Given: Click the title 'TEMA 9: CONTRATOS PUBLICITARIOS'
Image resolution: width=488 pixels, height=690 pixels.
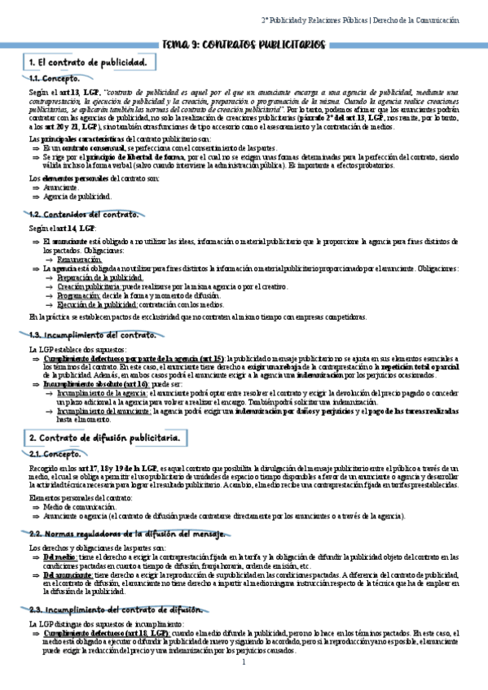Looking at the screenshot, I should coord(244,45).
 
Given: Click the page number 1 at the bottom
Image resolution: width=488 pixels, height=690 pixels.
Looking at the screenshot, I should coord(244,662).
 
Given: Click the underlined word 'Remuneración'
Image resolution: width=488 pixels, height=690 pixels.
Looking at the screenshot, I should coord(80,259).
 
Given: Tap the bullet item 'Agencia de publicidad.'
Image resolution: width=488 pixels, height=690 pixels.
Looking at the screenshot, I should coord(77,197).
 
